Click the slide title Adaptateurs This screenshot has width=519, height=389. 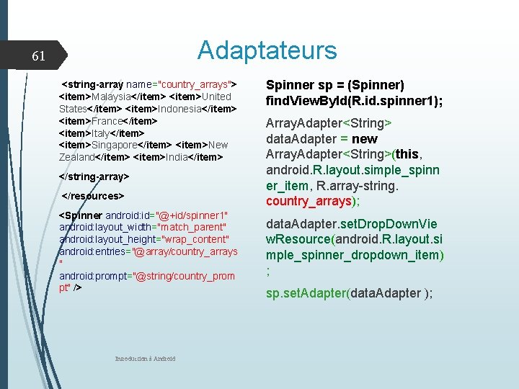pyautogui.click(x=267, y=50)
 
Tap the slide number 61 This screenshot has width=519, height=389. pyautogui.click(x=39, y=56)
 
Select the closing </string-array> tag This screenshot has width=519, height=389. pyautogui.click(x=94, y=176)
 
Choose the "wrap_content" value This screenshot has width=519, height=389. pyautogui.click(x=196, y=239)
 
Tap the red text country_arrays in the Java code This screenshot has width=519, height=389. pyautogui.click(x=309, y=201)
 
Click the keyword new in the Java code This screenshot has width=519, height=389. pyautogui.click(x=365, y=138)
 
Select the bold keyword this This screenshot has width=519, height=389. pyautogui.click(x=408, y=154)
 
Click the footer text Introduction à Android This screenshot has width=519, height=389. pyautogui.click(x=145, y=359)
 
